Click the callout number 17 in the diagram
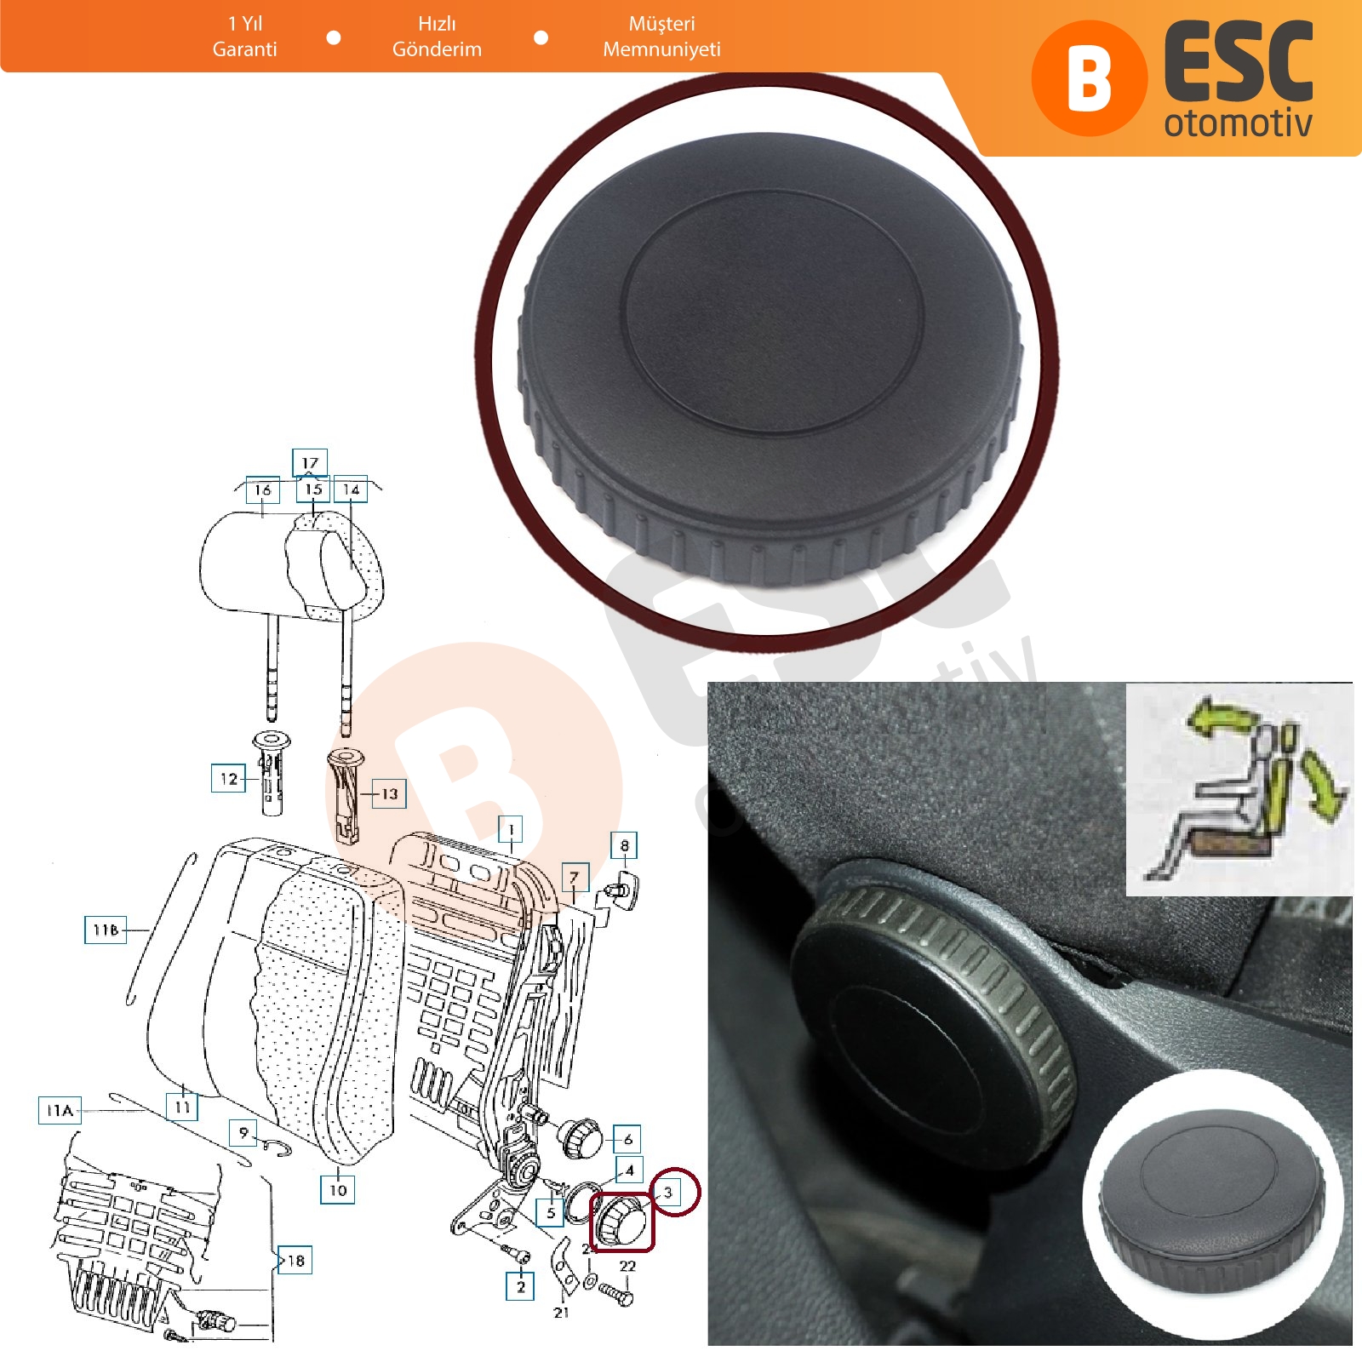pyautogui.click(x=309, y=462)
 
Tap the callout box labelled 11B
pyautogui.click(x=106, y=930)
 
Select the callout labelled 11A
pyautogui.click(x=60, y=1110)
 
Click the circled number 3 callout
pyautogui.click(x=674, y=1193)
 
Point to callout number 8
pyautogui.click(x=624, y=845)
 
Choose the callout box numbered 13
pyautogui.click(x=389, y=793)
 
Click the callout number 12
pyautogui.click(x=228, y=778)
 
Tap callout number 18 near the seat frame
pyautogui.click(x=295, y=1260)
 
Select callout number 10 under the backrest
pyautogui.click(x=338, y=1189)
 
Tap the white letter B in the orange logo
pyautogui.click(x=1089, y=78)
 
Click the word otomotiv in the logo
pyautogui.click(x=1239, y=123)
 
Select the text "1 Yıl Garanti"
pyautogui.click(x=245, y=37)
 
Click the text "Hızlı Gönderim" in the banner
pyautogui.click(x=437, y=37)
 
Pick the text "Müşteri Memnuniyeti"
pyautogui.click(x=661, y=37)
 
